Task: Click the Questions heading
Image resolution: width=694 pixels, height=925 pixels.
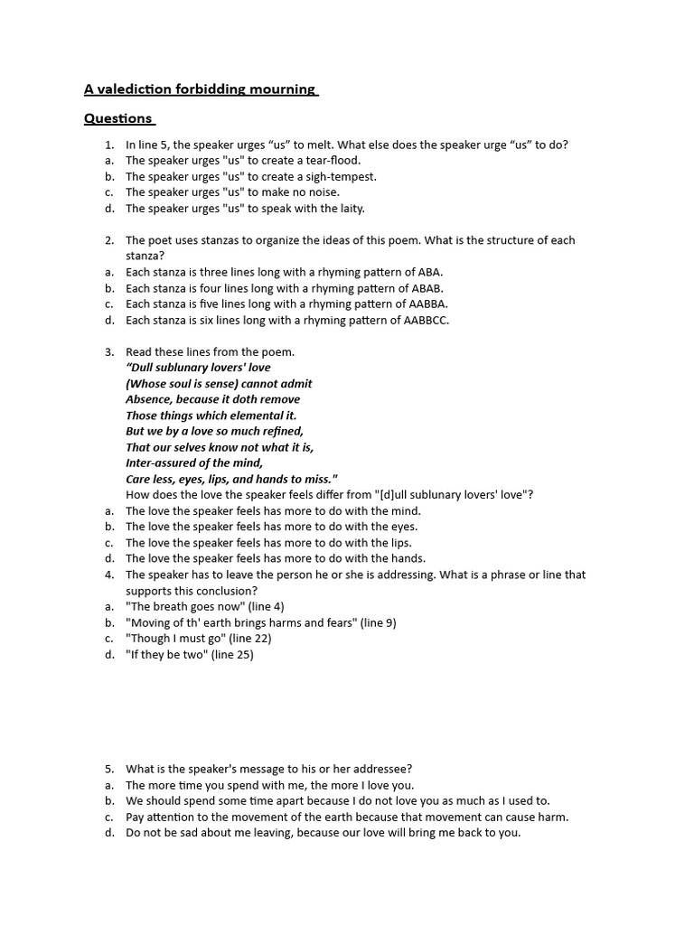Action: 118,118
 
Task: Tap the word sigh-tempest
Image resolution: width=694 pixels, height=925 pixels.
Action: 338,176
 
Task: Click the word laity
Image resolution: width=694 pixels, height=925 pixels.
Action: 349,208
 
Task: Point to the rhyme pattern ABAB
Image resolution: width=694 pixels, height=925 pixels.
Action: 427,288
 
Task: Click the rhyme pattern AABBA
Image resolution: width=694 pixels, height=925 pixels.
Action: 422,304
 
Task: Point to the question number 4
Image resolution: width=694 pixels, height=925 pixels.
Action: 108,575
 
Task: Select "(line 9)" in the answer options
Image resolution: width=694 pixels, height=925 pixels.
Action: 378,622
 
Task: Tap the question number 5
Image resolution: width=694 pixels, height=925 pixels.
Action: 108,769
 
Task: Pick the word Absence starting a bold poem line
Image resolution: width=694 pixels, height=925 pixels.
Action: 148,399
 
